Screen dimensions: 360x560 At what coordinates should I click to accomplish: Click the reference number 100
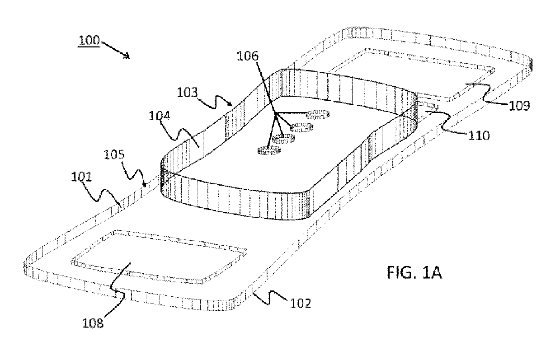89,41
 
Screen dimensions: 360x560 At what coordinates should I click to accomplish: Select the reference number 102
301,303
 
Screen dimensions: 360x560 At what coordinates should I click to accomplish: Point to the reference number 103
187,93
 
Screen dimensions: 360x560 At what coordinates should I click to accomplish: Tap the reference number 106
249,56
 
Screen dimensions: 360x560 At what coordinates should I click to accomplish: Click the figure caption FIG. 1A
414,273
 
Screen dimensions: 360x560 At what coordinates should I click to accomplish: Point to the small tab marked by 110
427,106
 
